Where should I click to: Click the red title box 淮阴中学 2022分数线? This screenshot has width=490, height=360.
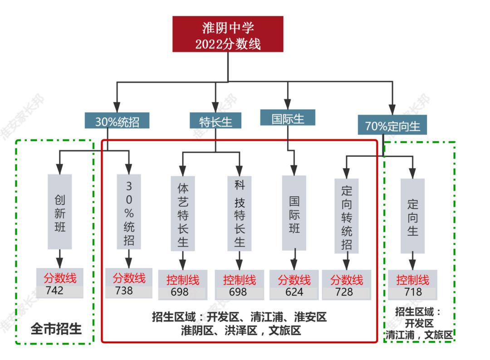click(x=228, y=34)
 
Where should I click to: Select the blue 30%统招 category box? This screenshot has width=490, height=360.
click(x=117, y=122)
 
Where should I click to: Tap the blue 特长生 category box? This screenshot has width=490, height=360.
click(x=216, y=122)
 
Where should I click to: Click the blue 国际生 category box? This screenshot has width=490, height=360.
click(x=287, y=118)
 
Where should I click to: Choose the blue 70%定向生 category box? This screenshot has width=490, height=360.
click(x=392, y=126)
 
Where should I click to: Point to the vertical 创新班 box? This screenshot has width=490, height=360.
click(x=60, y=212)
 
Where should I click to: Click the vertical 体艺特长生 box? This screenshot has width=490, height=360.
click(x=182, y=214)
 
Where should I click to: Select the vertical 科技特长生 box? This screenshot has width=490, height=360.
click(x=239, y=214)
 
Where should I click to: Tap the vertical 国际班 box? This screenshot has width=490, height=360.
click(x=294, y=214)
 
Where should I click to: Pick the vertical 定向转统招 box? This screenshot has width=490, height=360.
click(x=347, y=215)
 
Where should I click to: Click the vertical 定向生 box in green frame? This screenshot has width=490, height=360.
click(x=412, y=216)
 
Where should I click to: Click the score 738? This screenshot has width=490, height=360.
click(x=123, y=291)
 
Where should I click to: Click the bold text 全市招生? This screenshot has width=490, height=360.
click(x=56, y=328)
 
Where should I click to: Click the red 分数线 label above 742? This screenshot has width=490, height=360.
click(x=60, y=277)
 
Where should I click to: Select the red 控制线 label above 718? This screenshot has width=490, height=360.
click(x=412, y=279)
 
